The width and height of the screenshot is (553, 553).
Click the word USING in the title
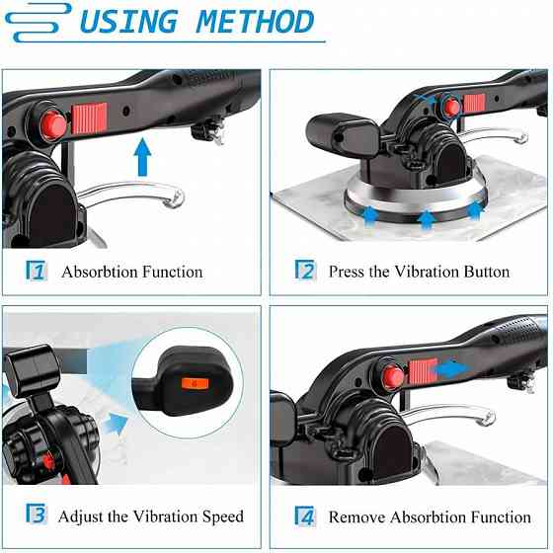(x=128, y=21)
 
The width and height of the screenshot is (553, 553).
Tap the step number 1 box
(x=35, y=272)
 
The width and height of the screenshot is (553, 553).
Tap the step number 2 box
(x=306, y=272)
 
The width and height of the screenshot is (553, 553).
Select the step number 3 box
(x=35, y=515)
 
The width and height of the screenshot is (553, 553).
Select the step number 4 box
(x=306, y=515)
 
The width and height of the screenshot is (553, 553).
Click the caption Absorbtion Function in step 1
(x=131, y=272)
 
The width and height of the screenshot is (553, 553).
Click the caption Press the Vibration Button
(x=419, y=272)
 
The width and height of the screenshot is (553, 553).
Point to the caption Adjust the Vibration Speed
(x=150, y=515)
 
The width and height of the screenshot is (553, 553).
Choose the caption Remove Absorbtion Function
(x=430, y=515)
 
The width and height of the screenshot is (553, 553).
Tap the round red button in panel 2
(x=451, y=106)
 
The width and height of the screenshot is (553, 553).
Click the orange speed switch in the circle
(x=194, y=382)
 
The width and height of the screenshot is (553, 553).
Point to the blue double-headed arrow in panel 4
(x=454, y=368)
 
